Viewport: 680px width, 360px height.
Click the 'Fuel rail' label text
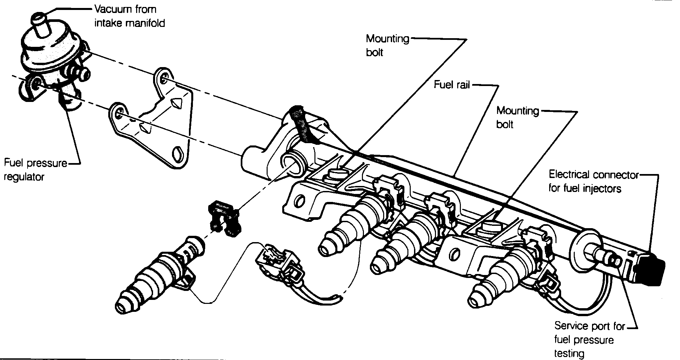pos(452,85)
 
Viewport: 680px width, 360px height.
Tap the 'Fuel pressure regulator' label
pos(35,170)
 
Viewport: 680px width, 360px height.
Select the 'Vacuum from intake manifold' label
pos(129,16)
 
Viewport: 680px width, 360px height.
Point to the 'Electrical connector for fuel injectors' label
pos(593,181)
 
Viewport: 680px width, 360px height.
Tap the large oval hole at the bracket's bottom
pos(178,153)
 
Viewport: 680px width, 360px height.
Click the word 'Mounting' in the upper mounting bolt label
pos(387,39)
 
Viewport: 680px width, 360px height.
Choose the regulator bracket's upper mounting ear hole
pos(163,78)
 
